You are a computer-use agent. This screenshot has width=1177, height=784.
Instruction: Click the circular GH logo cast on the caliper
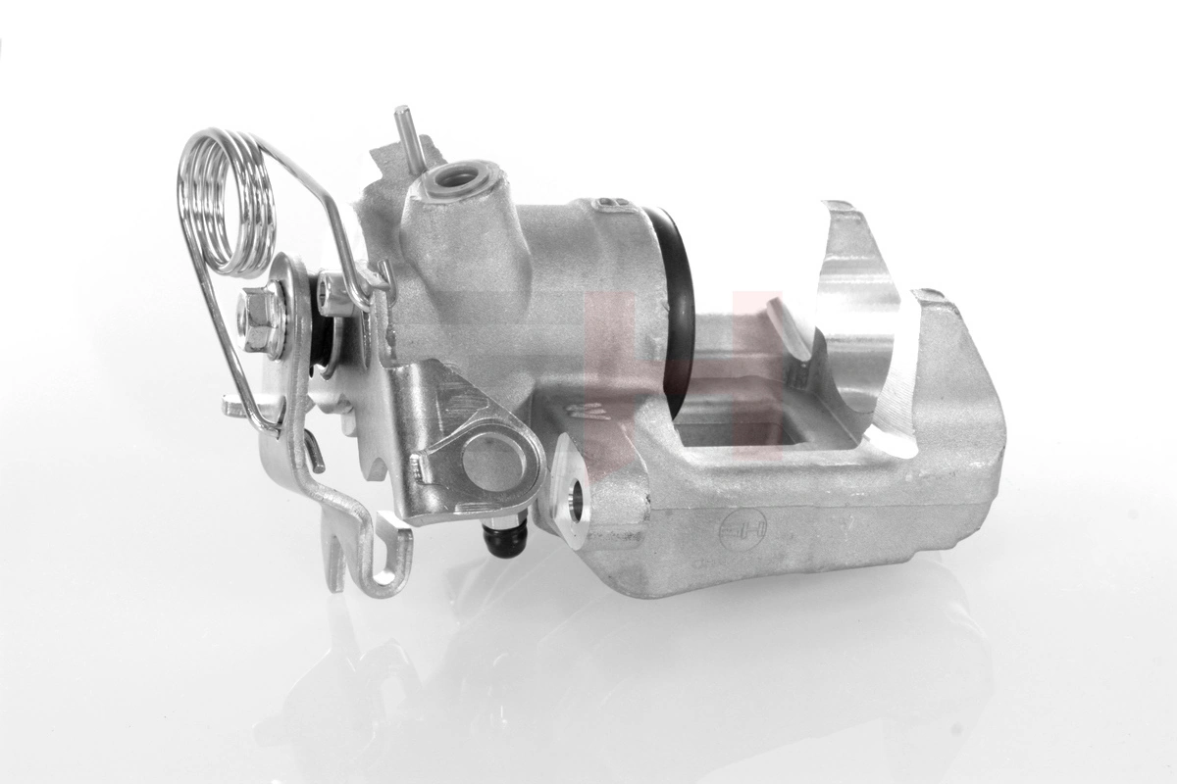[x=744, y=532]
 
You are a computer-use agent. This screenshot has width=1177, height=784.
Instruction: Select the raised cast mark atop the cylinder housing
[x=612, y=203]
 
